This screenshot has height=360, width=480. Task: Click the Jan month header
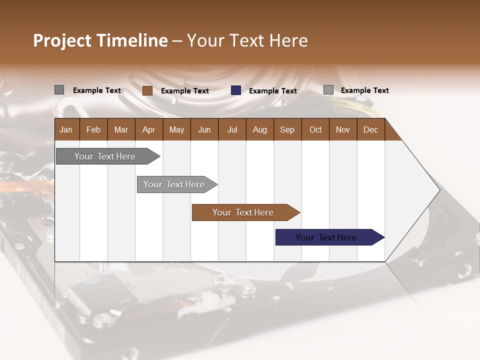coord(66,129)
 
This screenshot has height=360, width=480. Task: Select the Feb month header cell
coord(93,129)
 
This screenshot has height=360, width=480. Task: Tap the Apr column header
coord(148,129)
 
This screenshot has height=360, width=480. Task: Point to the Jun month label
coord(204,129)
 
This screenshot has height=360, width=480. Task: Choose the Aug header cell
coord(259,129)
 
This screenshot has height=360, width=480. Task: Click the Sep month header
coord(287,129)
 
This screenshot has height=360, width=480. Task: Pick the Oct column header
coord(315,129)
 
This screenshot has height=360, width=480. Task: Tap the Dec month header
coord(370,129)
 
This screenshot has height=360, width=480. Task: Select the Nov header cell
coord(342,129)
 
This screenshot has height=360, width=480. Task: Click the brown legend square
coord(147,90)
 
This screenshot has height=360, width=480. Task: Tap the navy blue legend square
coord(236,90)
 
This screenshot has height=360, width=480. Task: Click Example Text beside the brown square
coord(185,91)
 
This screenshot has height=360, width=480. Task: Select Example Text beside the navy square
coord(273,91)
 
